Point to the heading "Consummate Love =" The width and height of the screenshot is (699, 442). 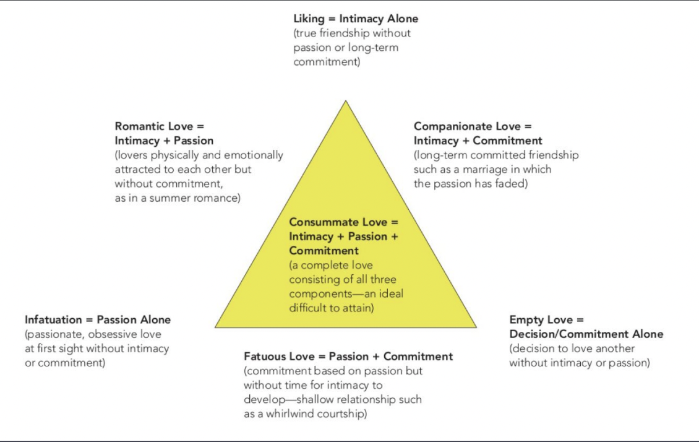[x=344, y=222]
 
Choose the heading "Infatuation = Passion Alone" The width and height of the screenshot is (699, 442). [x=98, y=320]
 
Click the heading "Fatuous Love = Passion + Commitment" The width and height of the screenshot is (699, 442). [x=348, y=357]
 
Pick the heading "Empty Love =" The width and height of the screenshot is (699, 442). [x=546, y=320]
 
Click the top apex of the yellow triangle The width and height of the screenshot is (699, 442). [x=345, y=101]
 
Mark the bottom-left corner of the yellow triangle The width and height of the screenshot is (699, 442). [x=216, y=326]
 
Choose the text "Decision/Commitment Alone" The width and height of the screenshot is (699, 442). [x=586, y=334]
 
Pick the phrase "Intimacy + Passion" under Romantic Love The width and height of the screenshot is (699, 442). [x=164, y=141]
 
